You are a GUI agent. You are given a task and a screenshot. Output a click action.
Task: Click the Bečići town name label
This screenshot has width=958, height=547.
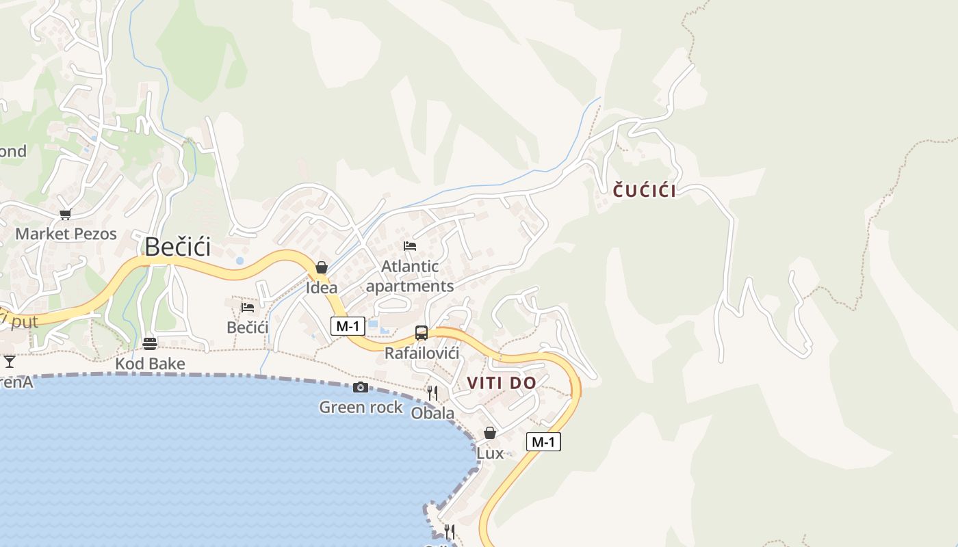[x=178, y=246]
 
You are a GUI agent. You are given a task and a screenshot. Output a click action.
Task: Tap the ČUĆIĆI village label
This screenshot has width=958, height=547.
[x=644, y=191]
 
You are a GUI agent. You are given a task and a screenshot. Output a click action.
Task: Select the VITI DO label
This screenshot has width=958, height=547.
[x=502, y=383]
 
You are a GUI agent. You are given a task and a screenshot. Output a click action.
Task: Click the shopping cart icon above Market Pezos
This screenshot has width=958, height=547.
[x=66, y=215]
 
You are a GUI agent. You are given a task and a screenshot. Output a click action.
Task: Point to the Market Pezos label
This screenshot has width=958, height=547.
[x=66, y=234]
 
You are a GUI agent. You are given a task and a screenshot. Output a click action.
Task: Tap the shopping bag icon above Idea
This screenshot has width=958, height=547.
[x=322, y=267]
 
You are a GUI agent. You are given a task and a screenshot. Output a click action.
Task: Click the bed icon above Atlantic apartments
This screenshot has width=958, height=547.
[x=410, y=246]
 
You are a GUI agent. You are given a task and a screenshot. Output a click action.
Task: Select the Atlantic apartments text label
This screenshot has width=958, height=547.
[x=410, y=276]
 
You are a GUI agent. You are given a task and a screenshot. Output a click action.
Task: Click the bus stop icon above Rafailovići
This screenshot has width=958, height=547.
[x=422, y=333]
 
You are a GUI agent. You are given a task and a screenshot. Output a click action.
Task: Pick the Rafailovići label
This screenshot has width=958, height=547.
[x=422, y=353]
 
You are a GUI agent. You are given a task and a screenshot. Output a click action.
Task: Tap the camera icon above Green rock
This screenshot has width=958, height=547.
[x=361, y=388]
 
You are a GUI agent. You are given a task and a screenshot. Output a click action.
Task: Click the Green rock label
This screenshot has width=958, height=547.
[x=361, y=408]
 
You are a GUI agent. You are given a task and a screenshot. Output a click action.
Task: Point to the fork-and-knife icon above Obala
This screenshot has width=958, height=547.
[x=432, y=392]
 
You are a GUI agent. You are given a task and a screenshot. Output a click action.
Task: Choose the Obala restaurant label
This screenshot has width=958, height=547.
[x=432, y=413]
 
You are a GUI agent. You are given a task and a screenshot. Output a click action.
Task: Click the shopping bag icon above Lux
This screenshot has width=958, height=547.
[x=490, y=433]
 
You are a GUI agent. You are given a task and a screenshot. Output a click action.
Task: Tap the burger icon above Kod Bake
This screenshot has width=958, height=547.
[x=150, y=343]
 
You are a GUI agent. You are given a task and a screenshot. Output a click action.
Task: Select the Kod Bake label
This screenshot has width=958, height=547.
[x=150, y=364]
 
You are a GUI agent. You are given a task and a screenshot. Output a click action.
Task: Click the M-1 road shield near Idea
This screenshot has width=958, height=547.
[x=348, y=326]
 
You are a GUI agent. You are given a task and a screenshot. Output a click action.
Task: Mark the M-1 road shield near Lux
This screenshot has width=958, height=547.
[x=543, y=442]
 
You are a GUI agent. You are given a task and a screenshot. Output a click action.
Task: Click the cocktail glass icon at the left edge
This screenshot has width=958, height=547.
[x=10, y=361]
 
